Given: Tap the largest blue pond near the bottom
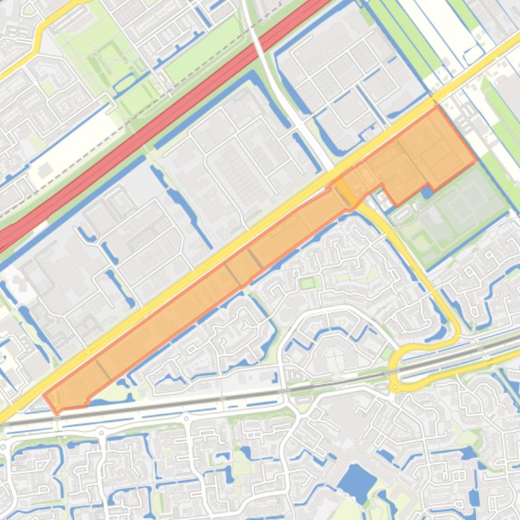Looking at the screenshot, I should (x=356, y=482).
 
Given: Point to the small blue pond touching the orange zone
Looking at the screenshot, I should (x=427, y=192).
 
